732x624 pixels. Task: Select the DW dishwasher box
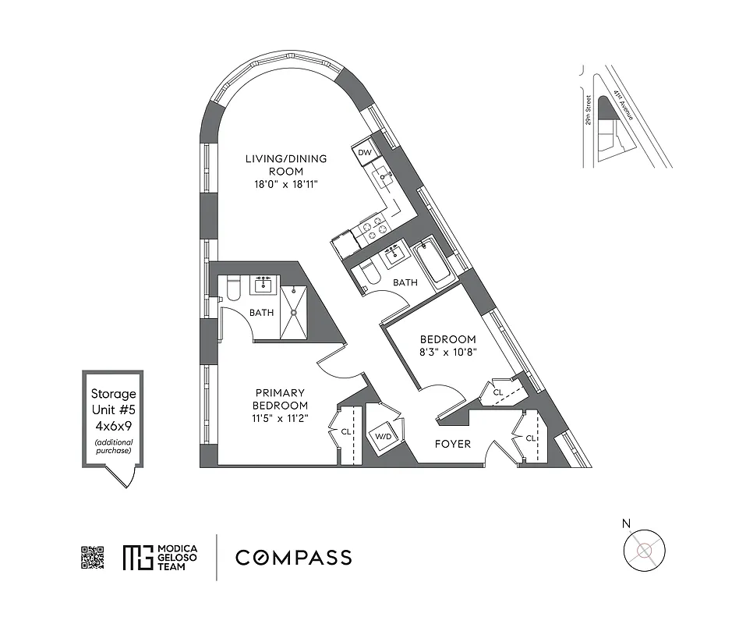click(364, 153)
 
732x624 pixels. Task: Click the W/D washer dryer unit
click(383, 436)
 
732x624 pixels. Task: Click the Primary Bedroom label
click(279, 399)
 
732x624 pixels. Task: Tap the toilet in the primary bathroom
click(231, 289)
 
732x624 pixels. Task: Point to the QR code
click(92, 558)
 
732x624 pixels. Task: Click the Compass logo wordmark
click(293, 558)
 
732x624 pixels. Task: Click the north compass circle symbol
click(644, 551)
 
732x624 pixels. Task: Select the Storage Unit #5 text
click(113, 402)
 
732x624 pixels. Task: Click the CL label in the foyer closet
click(530, 438)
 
